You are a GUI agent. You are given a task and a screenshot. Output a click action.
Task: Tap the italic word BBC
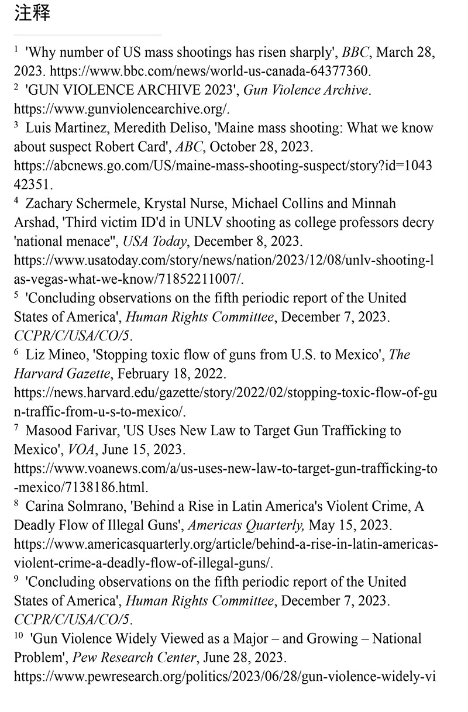click(x=356, y=53)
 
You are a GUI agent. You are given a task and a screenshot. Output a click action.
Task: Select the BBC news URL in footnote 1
click(x=210, y=71)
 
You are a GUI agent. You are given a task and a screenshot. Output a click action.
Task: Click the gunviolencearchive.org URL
click(x=122, y=109)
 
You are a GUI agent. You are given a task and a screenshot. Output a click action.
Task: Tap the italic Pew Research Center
click(x=135, y=658)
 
